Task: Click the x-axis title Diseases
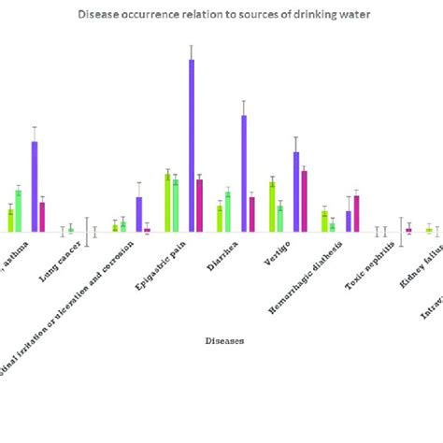click(x=224, y=341)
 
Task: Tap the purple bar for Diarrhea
click(x=244, y=173)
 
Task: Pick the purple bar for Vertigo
click(x=296, y=192)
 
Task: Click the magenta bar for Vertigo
click(x=305, y=201)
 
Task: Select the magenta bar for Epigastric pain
click(x=200, y=206)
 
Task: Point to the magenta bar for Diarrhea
click(x=252, y=214)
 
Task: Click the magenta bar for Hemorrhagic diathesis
click(x=357, y=213)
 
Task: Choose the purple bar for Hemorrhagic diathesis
click(x=349, y=221)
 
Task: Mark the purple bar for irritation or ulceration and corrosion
click(x=139, y=214)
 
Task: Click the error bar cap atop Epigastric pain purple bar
click(x=192, y=45)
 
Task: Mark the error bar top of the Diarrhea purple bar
click(x=244, y=100)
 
